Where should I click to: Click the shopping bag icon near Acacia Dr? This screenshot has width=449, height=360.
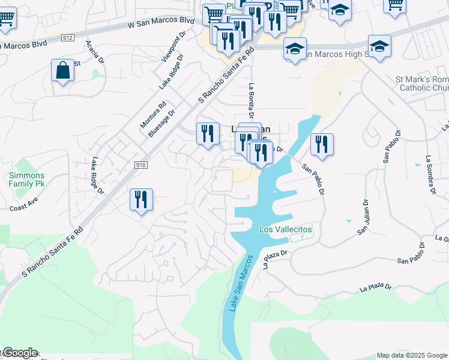(x=62, y=71)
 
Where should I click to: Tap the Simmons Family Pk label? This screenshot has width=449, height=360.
(x=26, y=179)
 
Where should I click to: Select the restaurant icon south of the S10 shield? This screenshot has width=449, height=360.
(x=141, y=199)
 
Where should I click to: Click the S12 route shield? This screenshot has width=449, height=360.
(x=67, y=38)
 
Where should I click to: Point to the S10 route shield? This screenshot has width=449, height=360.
(x=140, y=164)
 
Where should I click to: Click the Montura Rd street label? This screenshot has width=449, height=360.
(x=153, y=113)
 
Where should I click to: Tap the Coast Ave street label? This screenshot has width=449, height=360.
(x=23, y=203)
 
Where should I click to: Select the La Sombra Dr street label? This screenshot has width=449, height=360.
(x=430, y=175)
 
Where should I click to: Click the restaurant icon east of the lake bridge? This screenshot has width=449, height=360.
(x=322, y=144)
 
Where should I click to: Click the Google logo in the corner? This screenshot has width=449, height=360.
(x=19, y=353)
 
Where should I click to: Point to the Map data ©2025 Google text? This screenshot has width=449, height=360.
(x=411, y=355)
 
